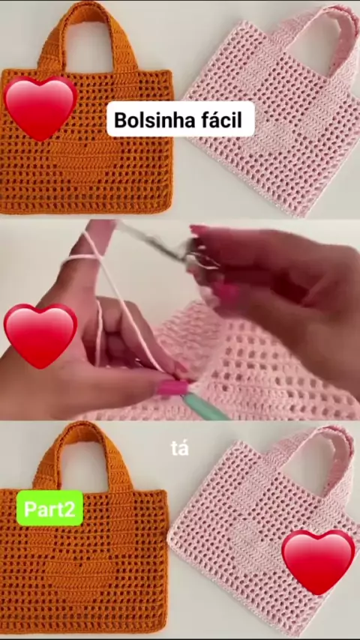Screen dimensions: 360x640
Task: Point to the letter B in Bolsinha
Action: coord(120,120)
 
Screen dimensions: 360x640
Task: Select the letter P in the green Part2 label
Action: coord(29,509)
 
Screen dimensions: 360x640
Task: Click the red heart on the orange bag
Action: coord(40,108)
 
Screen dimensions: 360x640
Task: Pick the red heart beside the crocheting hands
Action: coord(40,336)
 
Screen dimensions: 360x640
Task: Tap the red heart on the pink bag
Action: coord(318,561)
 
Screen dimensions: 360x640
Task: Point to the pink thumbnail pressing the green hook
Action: coord(172,387)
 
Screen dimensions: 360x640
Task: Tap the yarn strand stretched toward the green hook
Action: coord(130,310)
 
